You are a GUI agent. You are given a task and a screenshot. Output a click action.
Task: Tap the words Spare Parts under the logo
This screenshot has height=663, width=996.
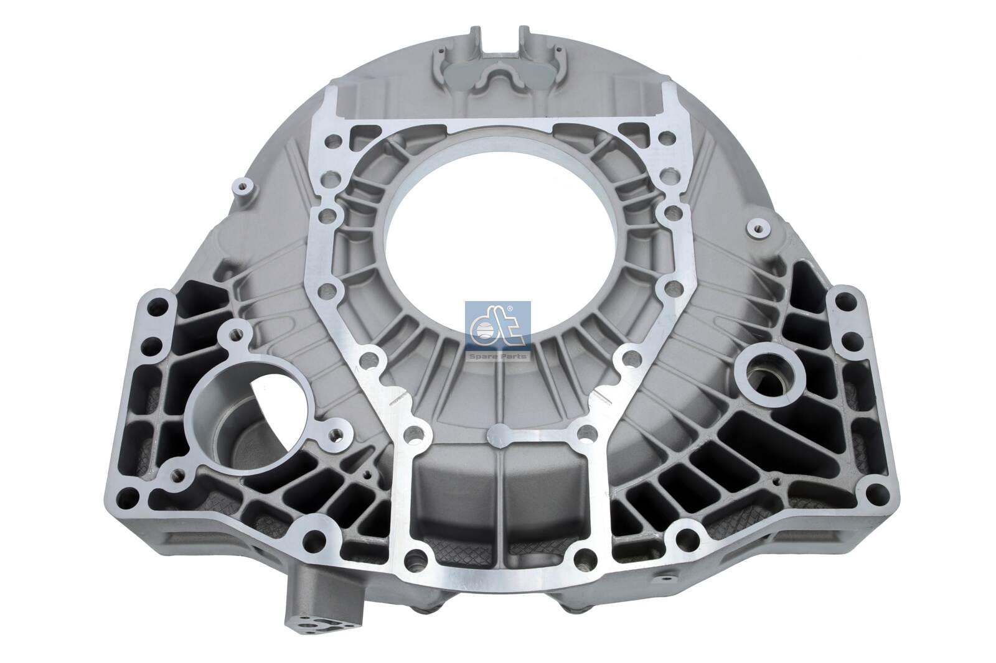(498, 356)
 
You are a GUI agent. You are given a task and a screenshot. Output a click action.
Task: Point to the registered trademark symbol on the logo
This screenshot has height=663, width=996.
(509, 309)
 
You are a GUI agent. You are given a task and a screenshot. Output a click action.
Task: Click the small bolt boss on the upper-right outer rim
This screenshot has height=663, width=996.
(759, 228)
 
